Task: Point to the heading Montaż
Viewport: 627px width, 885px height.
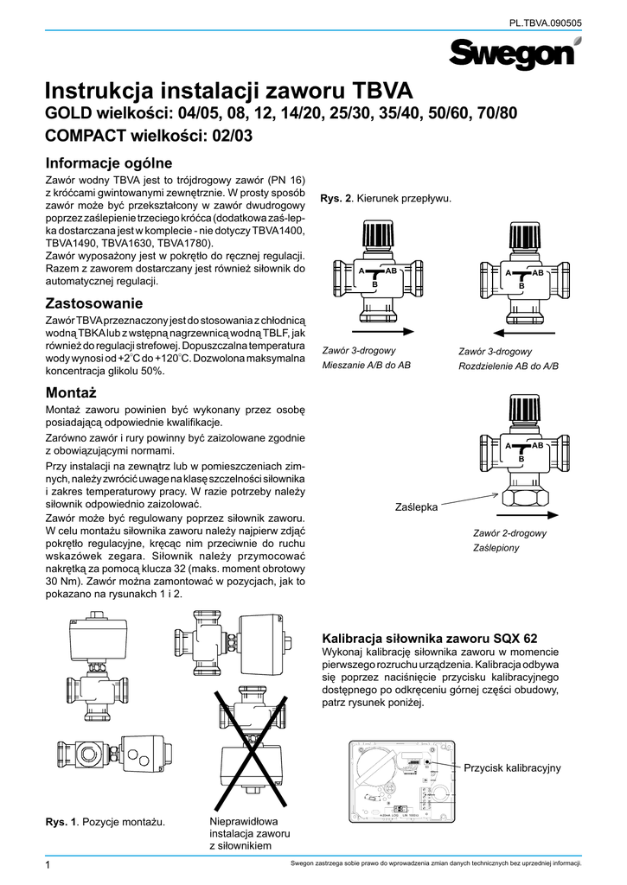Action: (73, 393)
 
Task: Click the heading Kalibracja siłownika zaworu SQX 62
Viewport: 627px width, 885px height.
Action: (429, 639)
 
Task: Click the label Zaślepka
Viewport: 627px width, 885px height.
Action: (416, 507)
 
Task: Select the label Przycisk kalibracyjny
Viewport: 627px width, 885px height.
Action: (513, 767)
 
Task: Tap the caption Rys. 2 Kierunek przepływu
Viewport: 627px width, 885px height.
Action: (386, 200)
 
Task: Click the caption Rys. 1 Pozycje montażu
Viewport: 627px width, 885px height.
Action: (106, 819)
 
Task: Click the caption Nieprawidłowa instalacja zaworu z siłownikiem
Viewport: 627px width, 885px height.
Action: (249, 833)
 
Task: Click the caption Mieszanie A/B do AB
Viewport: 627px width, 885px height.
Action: (365, 366)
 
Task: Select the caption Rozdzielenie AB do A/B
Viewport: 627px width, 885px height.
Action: (509, 366)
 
